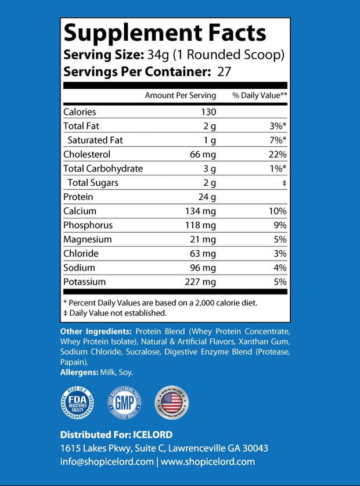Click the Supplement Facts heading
coord(165,34)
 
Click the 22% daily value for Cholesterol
coord(277,154)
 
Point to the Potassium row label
coord(84,282)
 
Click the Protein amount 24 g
coord(207,197)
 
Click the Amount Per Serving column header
coord(180,95)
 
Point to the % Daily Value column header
coord(260,95)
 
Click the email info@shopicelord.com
coord(106,462)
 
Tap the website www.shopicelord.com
coord(208,462)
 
